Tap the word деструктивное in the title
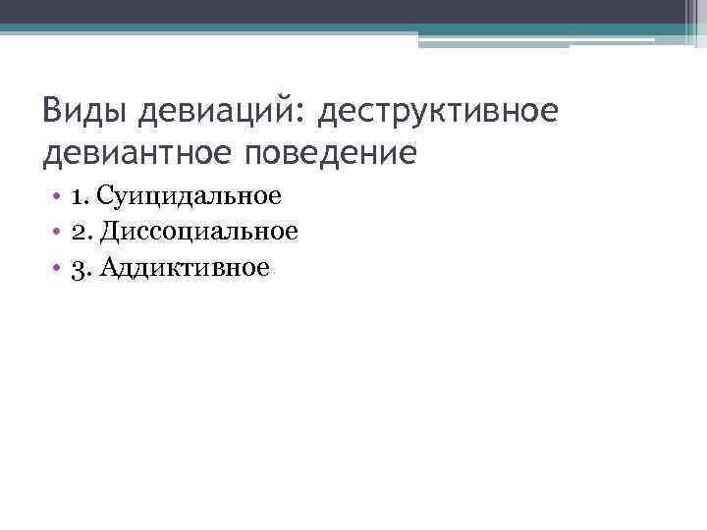coord(437,112)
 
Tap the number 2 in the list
coord(78,231)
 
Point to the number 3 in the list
coord(78,267)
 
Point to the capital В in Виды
coord(53,112)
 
